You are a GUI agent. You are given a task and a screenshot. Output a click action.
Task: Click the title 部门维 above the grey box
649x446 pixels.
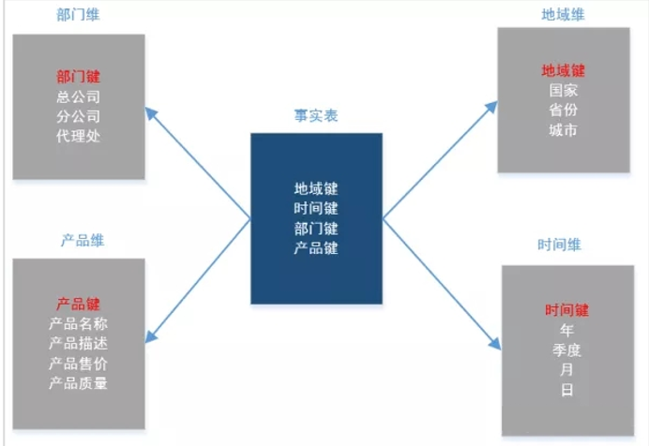[79, 17]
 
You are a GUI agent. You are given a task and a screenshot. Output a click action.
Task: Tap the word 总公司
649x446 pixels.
[79, 97]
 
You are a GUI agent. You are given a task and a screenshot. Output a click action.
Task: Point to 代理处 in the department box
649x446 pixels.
[79, 136]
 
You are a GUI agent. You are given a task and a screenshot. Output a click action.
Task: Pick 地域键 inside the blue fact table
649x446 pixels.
[316, 188]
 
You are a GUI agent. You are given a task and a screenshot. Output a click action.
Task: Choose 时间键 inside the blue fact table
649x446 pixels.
[316, 208]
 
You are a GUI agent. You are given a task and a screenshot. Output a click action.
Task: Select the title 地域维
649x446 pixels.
[563, 15]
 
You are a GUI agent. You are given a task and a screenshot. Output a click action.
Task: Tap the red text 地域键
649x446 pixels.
[564, 70]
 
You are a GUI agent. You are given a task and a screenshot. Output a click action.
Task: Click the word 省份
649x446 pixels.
[564, 111]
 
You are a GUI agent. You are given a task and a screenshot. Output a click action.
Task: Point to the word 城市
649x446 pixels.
[564, 130]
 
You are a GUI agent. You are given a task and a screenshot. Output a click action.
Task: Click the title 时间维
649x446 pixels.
[560, 245]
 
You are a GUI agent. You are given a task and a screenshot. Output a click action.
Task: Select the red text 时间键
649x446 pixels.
[566, 310]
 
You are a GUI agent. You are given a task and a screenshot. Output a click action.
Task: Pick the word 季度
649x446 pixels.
[566, 349]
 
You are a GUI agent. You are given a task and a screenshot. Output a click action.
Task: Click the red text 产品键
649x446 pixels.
[79, 304]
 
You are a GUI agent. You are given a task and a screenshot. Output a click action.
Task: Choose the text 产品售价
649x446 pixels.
[79, 363]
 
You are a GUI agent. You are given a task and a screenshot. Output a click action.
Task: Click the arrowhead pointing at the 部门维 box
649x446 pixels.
[151, 113]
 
